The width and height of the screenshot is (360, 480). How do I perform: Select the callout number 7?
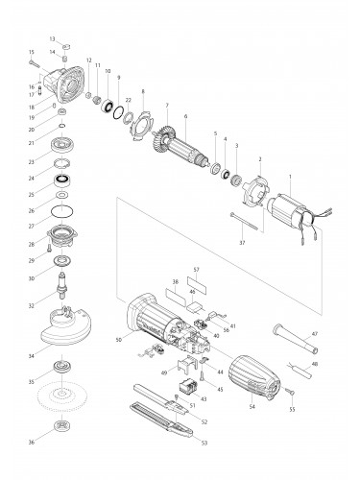tap(167, 105)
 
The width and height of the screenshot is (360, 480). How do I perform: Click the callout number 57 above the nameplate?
tap(196, 271)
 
